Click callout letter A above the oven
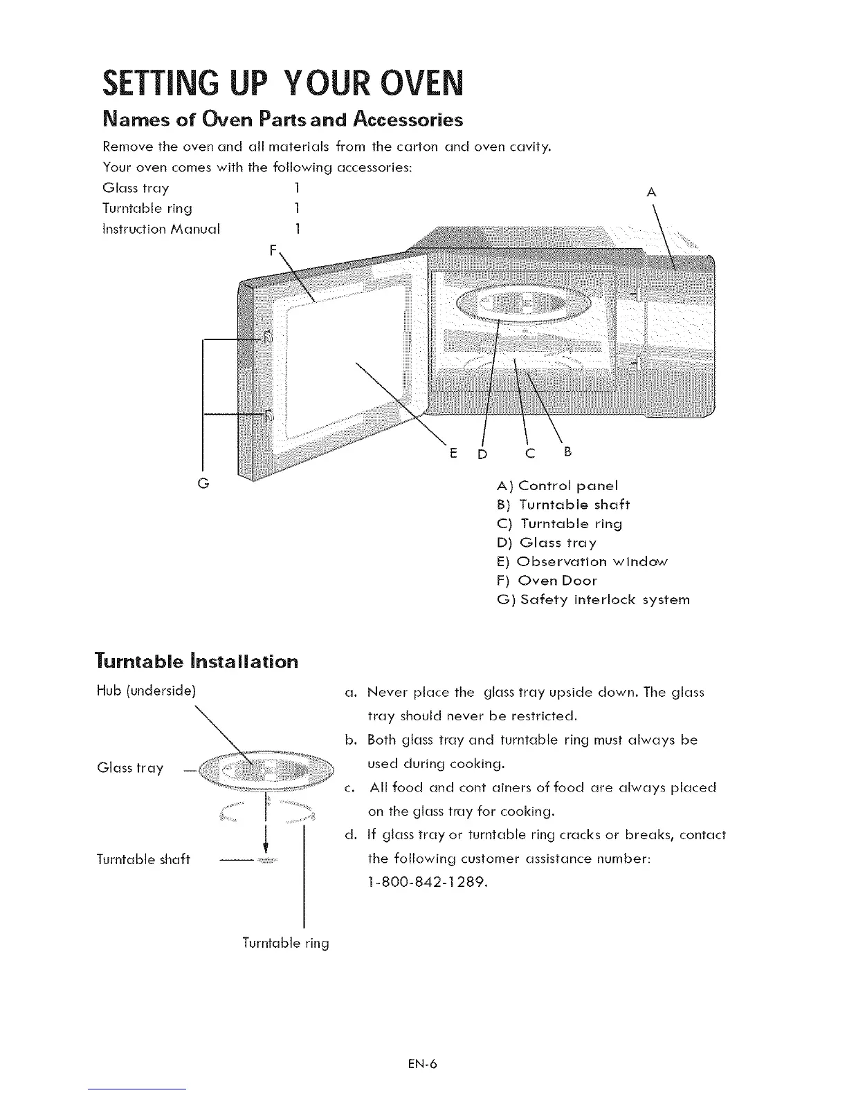pyautogui.click(x=650, y=194)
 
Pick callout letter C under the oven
pyautogui.click(x=530, y=454)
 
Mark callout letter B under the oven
pyautogui.click(x=567, y=452)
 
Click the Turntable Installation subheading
pyautogui.click(x=197, y=661)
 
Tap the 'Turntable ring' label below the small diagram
pyautogui.click(x=286, y=943)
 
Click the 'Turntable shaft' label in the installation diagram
pyautogui.click(x=145, y=859)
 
